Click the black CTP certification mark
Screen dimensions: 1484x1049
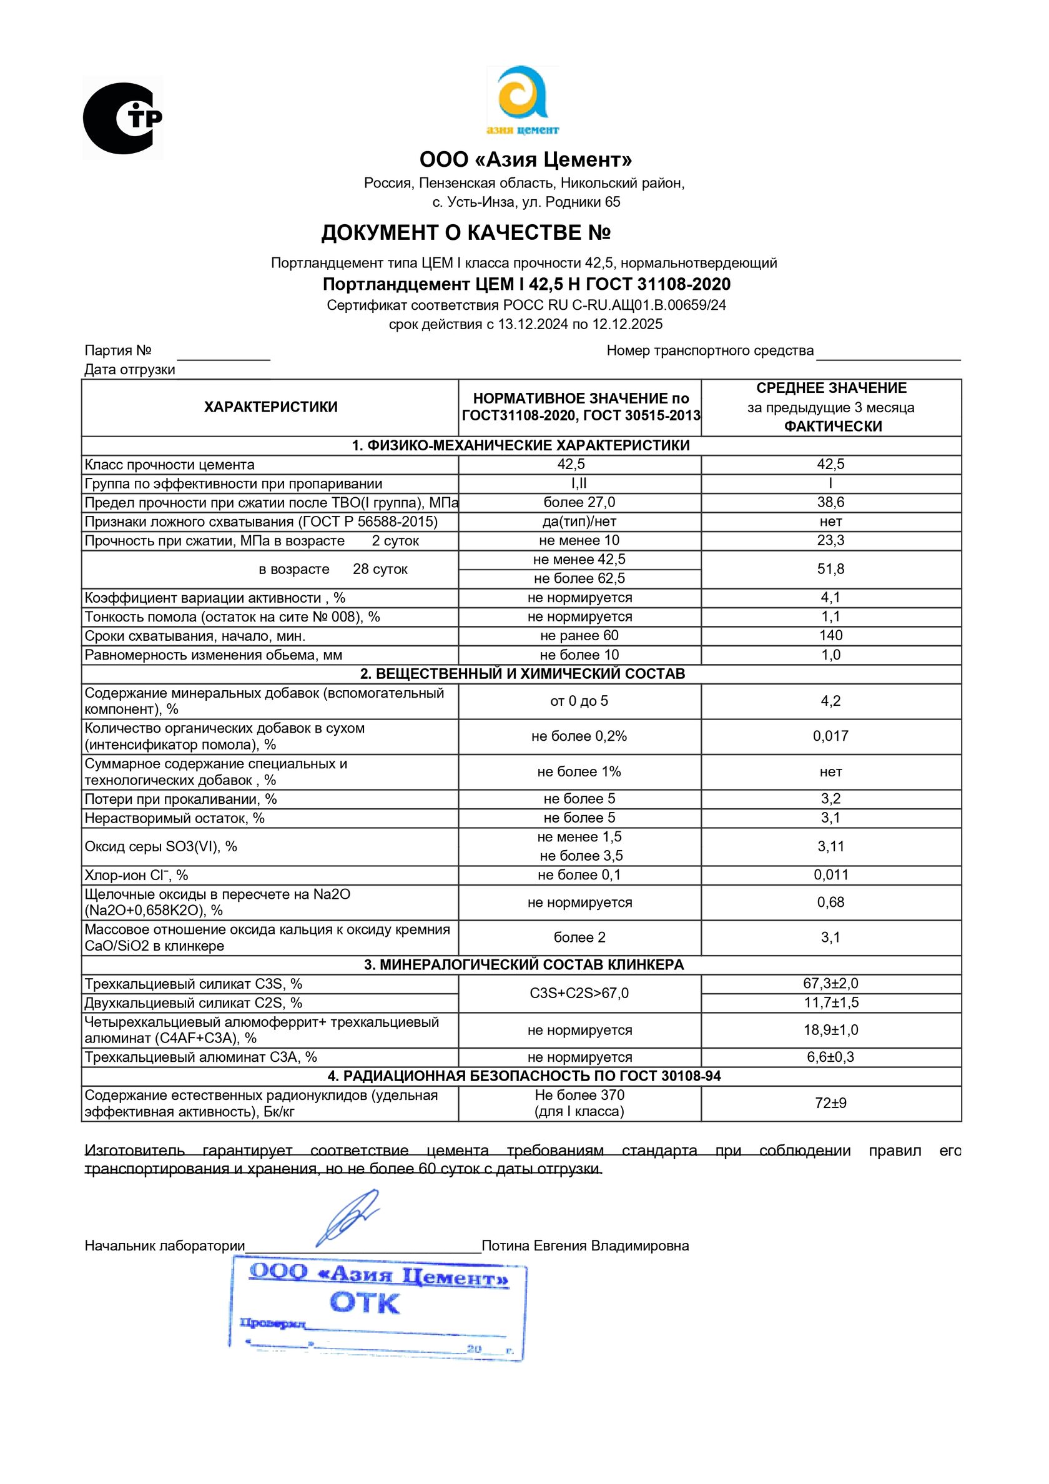click(x=122, y=118)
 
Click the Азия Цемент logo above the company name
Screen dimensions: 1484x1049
click(x=522, y=101)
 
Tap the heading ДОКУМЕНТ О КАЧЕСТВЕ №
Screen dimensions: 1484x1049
click(x=466, y=233)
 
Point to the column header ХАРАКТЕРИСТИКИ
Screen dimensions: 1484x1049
click(x=271, y=407)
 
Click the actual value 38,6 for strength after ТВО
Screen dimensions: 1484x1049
click(x=830, y=502)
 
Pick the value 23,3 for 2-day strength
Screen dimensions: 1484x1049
click(x=830, y=540)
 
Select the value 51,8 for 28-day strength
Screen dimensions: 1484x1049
click(x=830, y=569)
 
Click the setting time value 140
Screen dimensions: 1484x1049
click(x=830, y=635)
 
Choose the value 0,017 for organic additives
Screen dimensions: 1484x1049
click(x=830, y=736)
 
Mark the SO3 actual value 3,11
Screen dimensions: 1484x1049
click(x=830, y=846)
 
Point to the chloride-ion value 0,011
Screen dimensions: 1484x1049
click(x=830, y=874)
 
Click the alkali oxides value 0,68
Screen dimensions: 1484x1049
click(x=830, y=903)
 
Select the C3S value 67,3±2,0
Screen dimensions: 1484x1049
click(x=830, y=983)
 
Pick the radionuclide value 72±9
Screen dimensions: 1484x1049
click(x=830, y=1102)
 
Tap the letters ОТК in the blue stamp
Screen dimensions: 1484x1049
click(x=365, y=1303)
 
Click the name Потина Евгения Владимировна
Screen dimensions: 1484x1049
click(x=585, y=1245)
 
